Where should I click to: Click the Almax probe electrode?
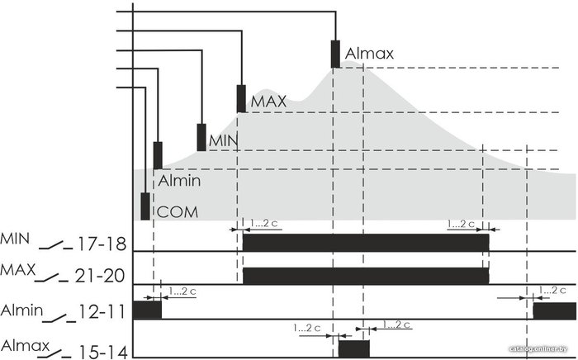coord(335,54)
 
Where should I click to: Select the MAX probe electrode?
coord(241,99)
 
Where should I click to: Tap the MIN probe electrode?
coord(201,137)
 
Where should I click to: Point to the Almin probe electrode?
coord(158,155)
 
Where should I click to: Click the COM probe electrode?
coord(145,206)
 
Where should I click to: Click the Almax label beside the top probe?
coord(369,54)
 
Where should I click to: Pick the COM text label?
coord(178,212)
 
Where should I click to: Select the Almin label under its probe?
coord(179,181)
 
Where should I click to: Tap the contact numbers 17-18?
coord(102,244)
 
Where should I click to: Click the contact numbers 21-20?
coord(100,276)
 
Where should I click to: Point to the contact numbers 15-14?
coord(103,353)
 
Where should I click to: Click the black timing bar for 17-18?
coord(366,243)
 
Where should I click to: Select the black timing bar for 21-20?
coord(366,276)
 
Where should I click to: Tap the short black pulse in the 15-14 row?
coord(354,348)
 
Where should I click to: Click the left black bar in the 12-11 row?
coord(147,310)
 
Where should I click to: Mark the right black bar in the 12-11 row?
coord(555,310)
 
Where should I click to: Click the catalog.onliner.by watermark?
coord(538,349)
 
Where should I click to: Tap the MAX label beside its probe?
coord(268,102)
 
